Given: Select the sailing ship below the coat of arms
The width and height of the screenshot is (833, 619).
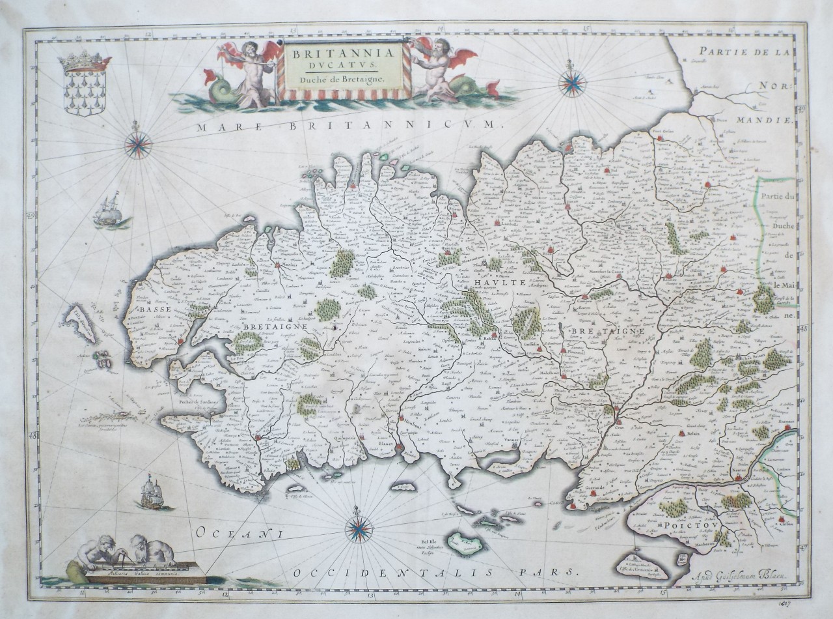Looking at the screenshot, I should pos(109,210).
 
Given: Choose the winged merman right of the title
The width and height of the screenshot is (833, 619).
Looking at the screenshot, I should pos(437,68).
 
